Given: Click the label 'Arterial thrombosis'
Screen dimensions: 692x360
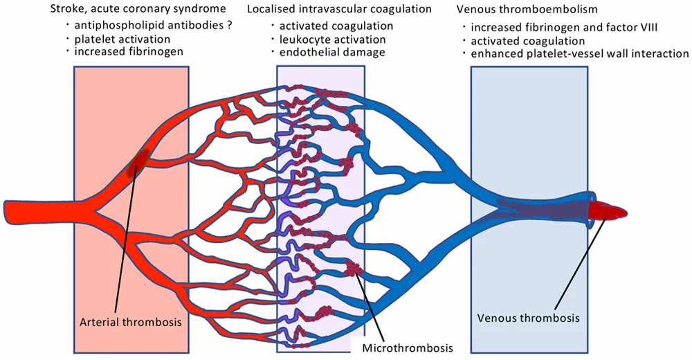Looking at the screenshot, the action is (x=131, y=321).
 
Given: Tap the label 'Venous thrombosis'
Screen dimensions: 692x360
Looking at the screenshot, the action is (x=528, y=318).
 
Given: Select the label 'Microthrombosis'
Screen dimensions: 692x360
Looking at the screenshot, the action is (x=408, y=348).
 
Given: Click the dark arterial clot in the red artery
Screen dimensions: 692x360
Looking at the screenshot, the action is (x=137, y=163).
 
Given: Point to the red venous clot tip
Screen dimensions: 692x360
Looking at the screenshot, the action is (x=611, y=213).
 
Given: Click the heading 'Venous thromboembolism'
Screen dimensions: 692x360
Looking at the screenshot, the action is (x=527, y=9).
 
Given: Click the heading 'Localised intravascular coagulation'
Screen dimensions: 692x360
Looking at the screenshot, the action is (x=339, y=9).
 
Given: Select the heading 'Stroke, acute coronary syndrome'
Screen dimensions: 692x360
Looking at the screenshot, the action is (x=138, y=9).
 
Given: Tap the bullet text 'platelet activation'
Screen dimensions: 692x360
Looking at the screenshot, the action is (x=116, y=39).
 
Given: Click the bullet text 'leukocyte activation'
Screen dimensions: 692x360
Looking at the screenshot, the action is (x=332, y=39).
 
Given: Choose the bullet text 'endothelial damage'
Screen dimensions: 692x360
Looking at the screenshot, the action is (x=332, y=52).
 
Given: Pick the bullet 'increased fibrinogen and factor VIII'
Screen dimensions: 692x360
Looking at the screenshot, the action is (x=564, y=28).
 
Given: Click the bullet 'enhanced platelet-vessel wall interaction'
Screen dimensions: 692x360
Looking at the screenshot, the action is (x=579, y=53).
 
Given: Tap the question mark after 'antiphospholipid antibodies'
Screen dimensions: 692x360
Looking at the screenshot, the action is (x=229, y=26).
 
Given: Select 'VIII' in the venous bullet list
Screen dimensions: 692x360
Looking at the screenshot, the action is (x=648, y=28).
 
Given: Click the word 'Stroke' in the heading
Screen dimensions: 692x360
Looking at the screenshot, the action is (x=65, y=9).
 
